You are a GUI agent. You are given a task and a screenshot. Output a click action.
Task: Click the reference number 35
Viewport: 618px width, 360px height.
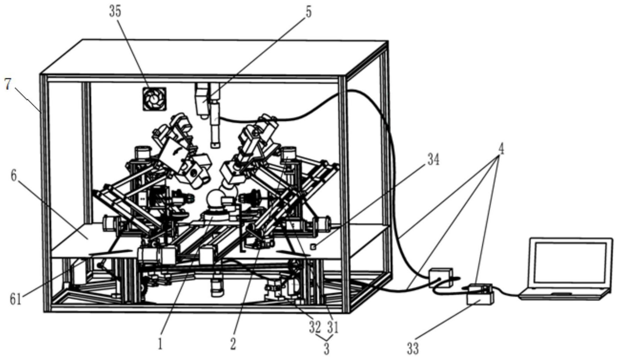(115, 12)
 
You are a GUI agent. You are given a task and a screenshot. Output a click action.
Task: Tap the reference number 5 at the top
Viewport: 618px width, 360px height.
(308, 12)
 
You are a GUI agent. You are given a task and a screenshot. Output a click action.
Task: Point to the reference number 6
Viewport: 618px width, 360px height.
(14, 176)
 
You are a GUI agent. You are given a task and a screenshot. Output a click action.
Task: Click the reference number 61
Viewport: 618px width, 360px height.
(15, 299)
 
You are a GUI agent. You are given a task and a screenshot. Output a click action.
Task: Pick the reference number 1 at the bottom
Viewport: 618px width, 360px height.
(160, 344)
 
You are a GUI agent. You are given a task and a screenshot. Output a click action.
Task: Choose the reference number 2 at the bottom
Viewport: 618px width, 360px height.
(233, 344)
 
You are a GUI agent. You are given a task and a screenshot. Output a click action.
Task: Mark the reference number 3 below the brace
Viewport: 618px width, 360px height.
(326, 349)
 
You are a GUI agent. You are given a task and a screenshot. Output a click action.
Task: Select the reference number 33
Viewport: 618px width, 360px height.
(413, 348)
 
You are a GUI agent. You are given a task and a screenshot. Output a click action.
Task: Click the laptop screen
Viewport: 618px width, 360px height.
(570, 260)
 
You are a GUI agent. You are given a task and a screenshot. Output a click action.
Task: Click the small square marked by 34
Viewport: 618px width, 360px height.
(313, 247)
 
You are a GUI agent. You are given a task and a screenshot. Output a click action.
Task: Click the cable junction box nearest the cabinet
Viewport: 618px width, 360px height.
(441, 277)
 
